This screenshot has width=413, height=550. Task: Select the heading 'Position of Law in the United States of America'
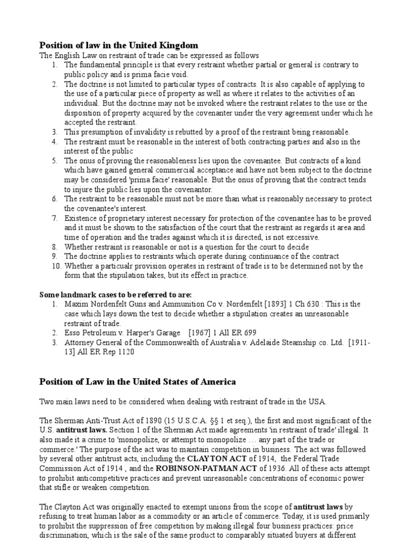pos(138,382)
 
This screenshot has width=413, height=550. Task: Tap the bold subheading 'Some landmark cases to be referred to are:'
pos(116,295)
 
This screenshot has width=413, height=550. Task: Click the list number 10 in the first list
pos(56,266)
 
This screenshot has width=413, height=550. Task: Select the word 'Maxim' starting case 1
pos(75,305)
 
